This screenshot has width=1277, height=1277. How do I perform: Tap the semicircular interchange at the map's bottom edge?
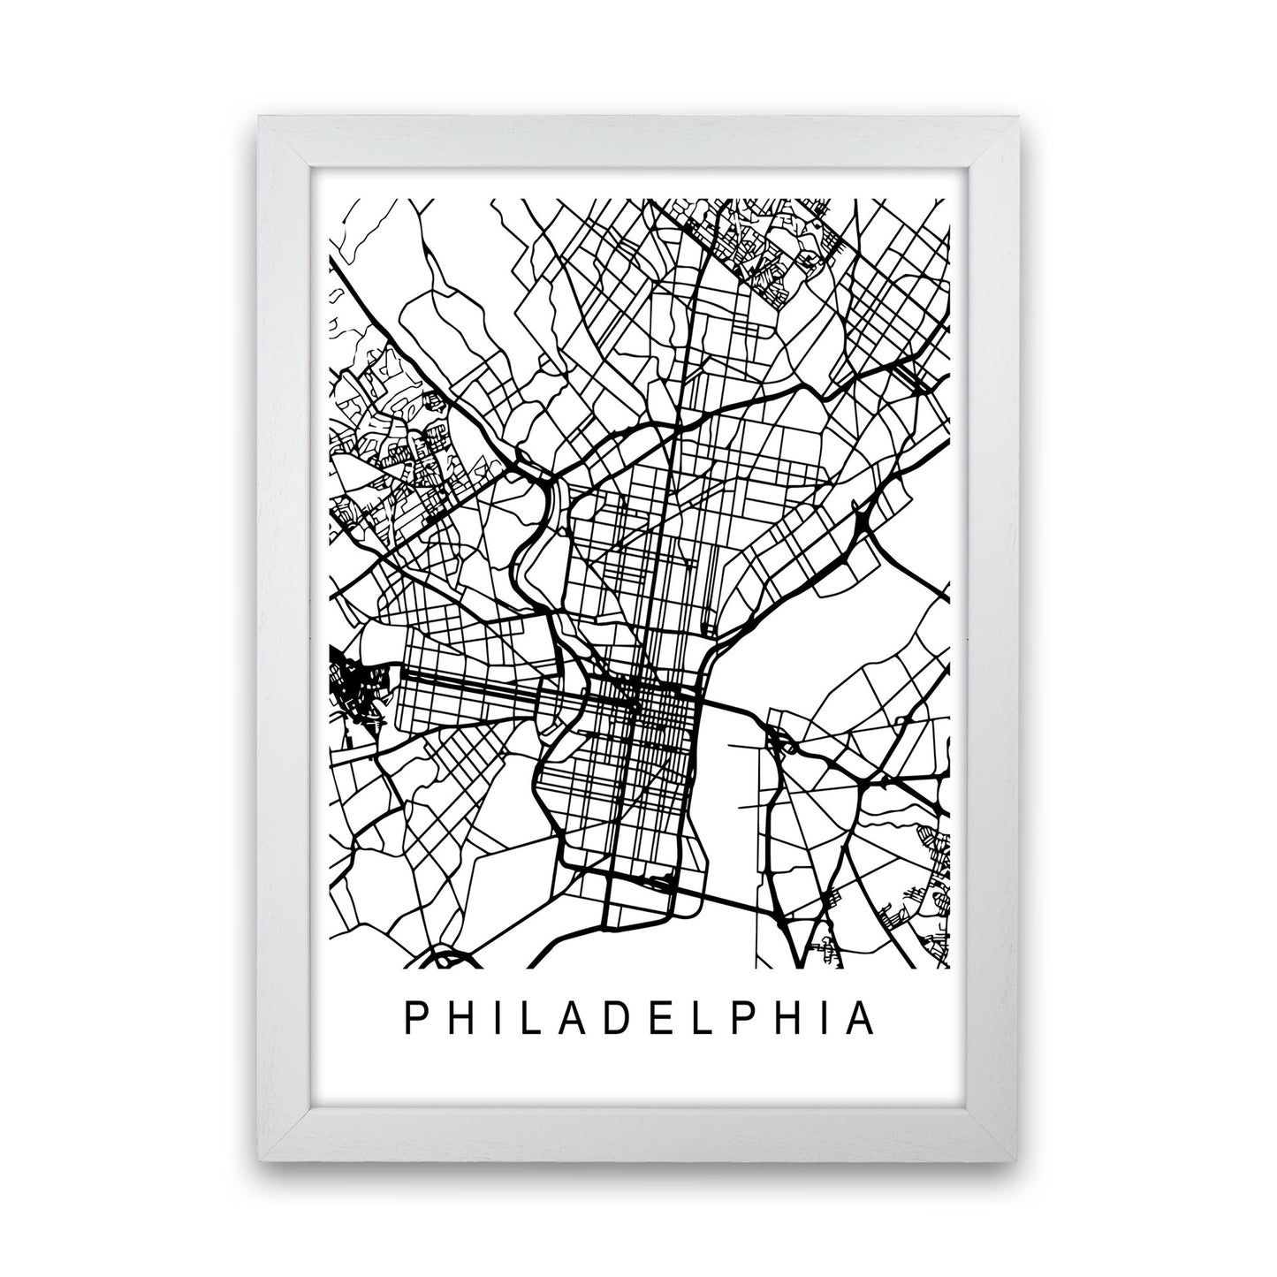click(445, 959)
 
